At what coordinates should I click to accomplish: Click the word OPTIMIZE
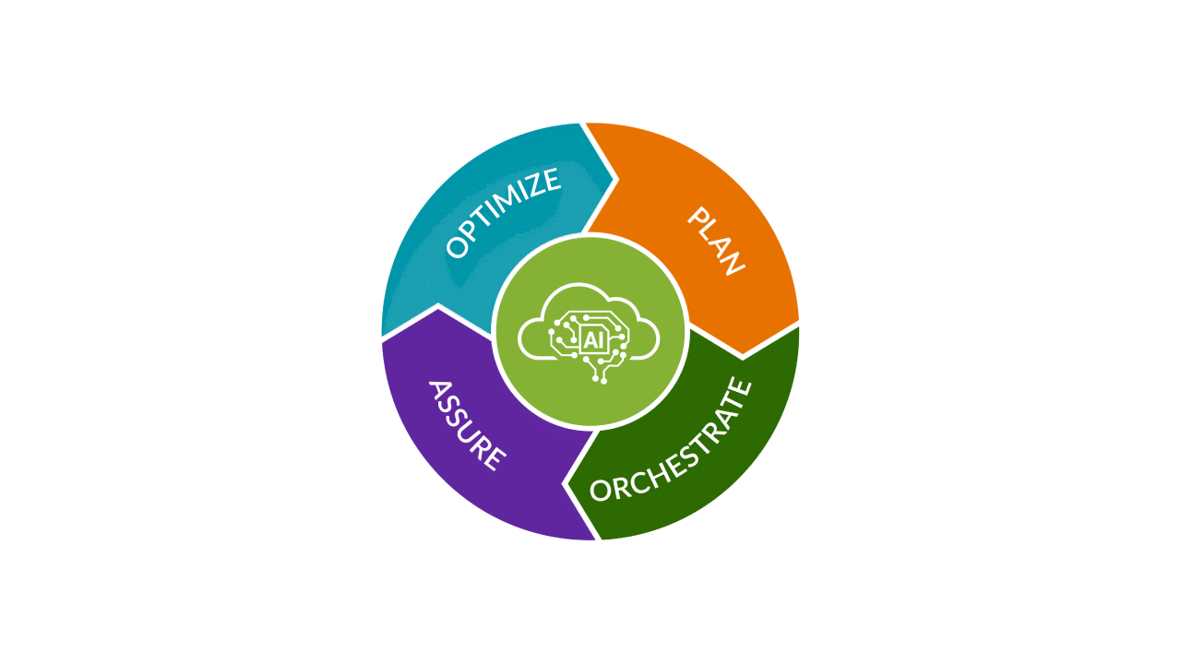click(503, 212)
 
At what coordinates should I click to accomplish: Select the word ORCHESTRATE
click(671, 442)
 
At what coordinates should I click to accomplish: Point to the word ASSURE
click(466, 425)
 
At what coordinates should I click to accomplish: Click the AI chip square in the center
click(591, 339)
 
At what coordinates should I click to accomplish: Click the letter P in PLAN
click(698, 219)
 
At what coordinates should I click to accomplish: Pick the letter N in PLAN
click(733, 263)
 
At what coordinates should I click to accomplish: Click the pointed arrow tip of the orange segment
click(744, 355)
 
